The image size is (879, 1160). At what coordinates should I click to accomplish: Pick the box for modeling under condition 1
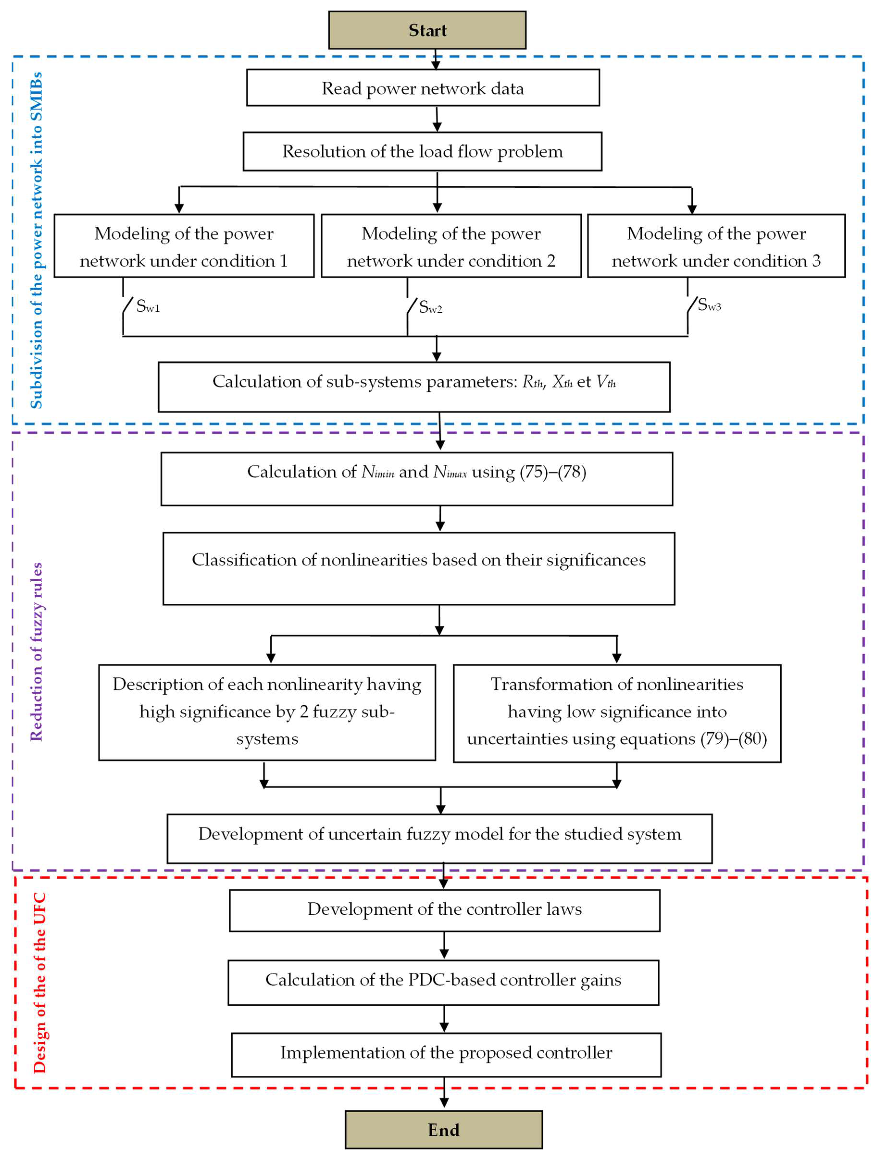click(184, 246)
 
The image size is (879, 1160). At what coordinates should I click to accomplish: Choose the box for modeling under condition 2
click(451, 246)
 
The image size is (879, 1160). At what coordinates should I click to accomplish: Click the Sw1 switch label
click(148, 306)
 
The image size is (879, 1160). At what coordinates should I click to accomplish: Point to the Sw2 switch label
click(430, 307)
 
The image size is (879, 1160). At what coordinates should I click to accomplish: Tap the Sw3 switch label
click(709, 305)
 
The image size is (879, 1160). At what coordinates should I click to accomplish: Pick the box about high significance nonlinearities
click(267, 712)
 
